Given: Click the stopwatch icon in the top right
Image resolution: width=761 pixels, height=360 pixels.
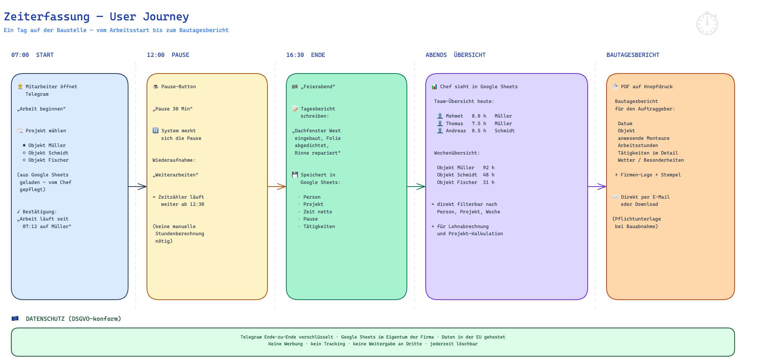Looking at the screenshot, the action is pos(707,23).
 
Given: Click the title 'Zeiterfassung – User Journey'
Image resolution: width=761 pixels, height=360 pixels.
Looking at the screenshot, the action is pos(96,17).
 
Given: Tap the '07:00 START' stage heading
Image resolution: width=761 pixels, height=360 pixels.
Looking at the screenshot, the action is pos(32,55).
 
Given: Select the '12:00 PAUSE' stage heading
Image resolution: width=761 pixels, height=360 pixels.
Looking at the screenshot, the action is pos(168,55).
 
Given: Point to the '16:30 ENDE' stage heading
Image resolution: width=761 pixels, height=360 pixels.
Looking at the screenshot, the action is pos(306,55).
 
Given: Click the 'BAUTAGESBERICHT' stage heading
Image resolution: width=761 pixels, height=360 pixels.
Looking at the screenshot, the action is pos(633,55).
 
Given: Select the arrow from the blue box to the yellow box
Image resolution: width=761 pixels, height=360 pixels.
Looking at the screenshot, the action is pos(138,187).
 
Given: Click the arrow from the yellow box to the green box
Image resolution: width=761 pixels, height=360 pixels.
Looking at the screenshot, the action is pos(277,187).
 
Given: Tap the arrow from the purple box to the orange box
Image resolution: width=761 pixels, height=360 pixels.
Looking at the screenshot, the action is pos(597,187).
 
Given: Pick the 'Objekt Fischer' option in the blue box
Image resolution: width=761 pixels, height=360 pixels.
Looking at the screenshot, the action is pos(46,160).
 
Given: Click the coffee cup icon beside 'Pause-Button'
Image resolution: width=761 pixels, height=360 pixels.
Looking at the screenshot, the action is pos(156,86).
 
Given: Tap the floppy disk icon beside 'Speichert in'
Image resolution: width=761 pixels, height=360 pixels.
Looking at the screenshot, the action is pos(295,175).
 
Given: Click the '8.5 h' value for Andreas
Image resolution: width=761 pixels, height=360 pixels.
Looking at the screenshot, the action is pos(479,131).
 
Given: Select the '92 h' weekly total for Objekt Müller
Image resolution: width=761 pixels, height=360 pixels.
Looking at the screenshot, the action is pos(489,168).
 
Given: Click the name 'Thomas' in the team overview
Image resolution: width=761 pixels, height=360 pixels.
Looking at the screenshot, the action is pos(454,124).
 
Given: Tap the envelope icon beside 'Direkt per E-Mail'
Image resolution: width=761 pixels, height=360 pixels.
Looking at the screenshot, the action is pos(615,197).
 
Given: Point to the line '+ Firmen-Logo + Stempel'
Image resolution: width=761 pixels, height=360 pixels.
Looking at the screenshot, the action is pos(648,175).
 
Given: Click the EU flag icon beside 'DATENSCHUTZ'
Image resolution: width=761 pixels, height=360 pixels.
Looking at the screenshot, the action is pos(15,319).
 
